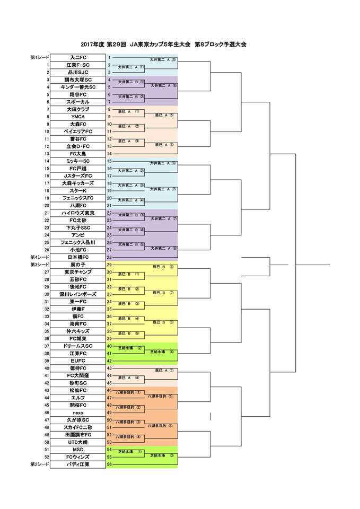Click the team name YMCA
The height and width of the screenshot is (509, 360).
click(x=78, y=117)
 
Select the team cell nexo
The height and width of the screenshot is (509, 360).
click(x=78, y=412)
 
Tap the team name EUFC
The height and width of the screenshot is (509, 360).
click(x=78, y=361)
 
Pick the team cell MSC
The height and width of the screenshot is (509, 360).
click(x=78, y=449)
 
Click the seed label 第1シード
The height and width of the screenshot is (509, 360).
click(x=40, y=57)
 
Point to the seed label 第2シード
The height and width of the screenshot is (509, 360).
click(x=40, y=464)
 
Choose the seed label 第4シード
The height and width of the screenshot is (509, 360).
click(x=40, y=257)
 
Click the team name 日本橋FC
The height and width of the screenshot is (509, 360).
click(x=78, y=257)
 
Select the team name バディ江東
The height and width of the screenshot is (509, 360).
click(x=78, y=464)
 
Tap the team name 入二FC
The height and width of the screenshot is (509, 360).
click(x=78, y=57)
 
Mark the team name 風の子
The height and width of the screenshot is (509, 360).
click(x=78, y=264)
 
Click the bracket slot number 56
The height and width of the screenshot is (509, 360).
click(x=109, y=464)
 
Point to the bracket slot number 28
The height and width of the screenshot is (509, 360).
click(x=109, y=257)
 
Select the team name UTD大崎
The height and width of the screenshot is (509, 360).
click(x=78, y=442)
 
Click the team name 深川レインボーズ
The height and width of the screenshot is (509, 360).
click(x=78, y=294)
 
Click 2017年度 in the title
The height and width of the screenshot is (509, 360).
click(x=93, y=45)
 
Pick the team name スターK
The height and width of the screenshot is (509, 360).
click(x=78, y=190)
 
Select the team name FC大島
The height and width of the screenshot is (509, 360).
click(x=78, y=153)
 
